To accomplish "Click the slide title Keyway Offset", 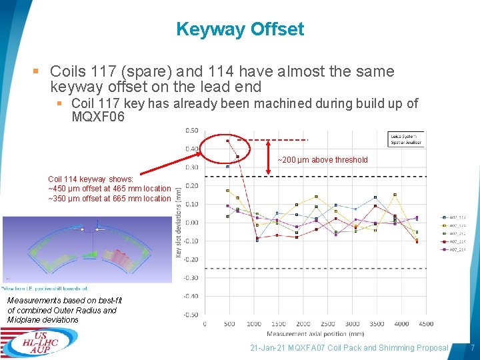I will click(x=240, y=29).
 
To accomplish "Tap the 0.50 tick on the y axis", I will click(x=191, y=130).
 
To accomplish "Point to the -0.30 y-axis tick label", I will click(x=191, y=277).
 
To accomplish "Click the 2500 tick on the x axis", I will click(x=327, y=324).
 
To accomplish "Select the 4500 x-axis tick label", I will click(x=426, y=324).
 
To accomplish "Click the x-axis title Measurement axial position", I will click(x=315, y=333).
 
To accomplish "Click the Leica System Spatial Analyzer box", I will click(x=407, y=139).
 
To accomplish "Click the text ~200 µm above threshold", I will click(x=323, y=160).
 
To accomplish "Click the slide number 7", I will click(x=472, y=348).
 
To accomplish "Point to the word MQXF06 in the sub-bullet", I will click(x=98, y=117).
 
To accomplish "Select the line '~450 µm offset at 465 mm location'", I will click(x=109, y=189).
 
